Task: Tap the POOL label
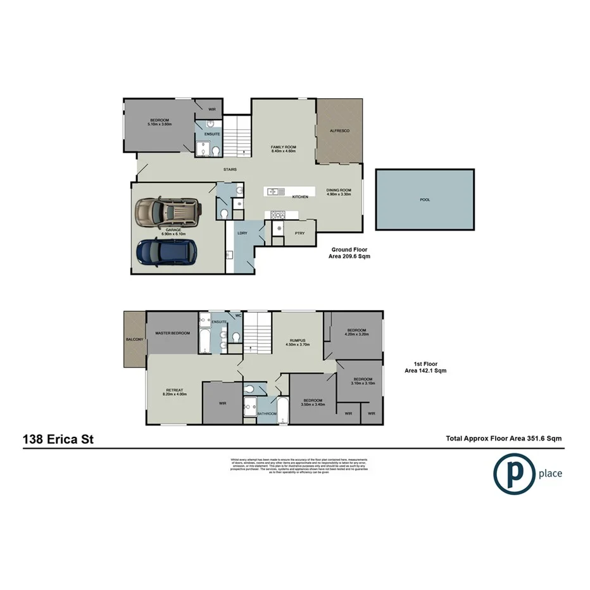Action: pos(424,199)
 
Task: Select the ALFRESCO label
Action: pos(340,130)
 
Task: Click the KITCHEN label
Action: pos(300,197)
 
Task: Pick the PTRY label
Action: pos(300,233)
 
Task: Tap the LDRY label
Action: pos(242,233)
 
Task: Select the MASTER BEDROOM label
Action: pos(173,333)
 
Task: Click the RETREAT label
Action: pos(174,389)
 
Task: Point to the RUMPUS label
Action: pos(298,340)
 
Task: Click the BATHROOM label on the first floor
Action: pos(267,413)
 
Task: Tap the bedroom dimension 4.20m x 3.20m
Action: pos(355,334)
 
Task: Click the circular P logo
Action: pos(513,473)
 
